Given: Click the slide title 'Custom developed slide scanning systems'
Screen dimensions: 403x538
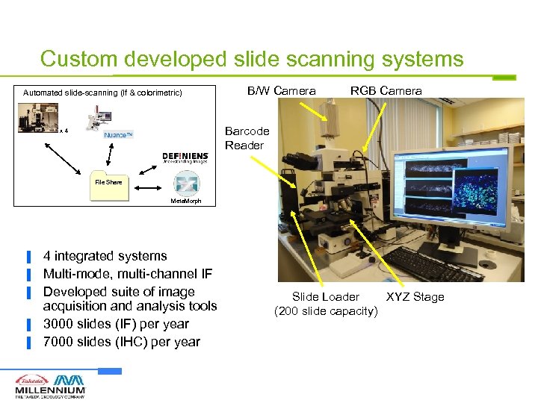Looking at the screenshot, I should [x=252, y=59].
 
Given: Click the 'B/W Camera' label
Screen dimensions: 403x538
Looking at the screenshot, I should [x=281, y=91].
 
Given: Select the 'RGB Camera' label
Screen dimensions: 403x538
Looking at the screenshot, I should [x=386, y=91].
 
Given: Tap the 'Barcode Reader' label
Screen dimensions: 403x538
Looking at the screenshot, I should [x=247, y=138].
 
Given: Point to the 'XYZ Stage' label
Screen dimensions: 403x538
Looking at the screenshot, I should [x=415, y=297].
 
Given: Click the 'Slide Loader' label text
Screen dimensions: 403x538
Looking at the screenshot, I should [x=325, y=297].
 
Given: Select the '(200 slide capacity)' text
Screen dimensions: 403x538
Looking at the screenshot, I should [x=326, y=310].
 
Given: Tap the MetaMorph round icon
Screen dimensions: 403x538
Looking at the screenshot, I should [x=185, y=183].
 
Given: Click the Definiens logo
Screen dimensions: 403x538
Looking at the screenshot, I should [x=185, y=157].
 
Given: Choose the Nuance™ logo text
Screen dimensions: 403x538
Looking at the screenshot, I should [x=118, y=135].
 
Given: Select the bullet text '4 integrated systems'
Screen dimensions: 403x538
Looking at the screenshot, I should [x=105, y=256].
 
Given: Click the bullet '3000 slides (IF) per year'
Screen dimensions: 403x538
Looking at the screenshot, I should [x=116, y=324].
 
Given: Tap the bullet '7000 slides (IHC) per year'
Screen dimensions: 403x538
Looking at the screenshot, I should [x=121, y=342].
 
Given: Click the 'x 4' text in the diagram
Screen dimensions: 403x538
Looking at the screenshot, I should [x=65, y=131].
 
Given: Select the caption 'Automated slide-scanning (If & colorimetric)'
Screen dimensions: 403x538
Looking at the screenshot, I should [x=102, y=93].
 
